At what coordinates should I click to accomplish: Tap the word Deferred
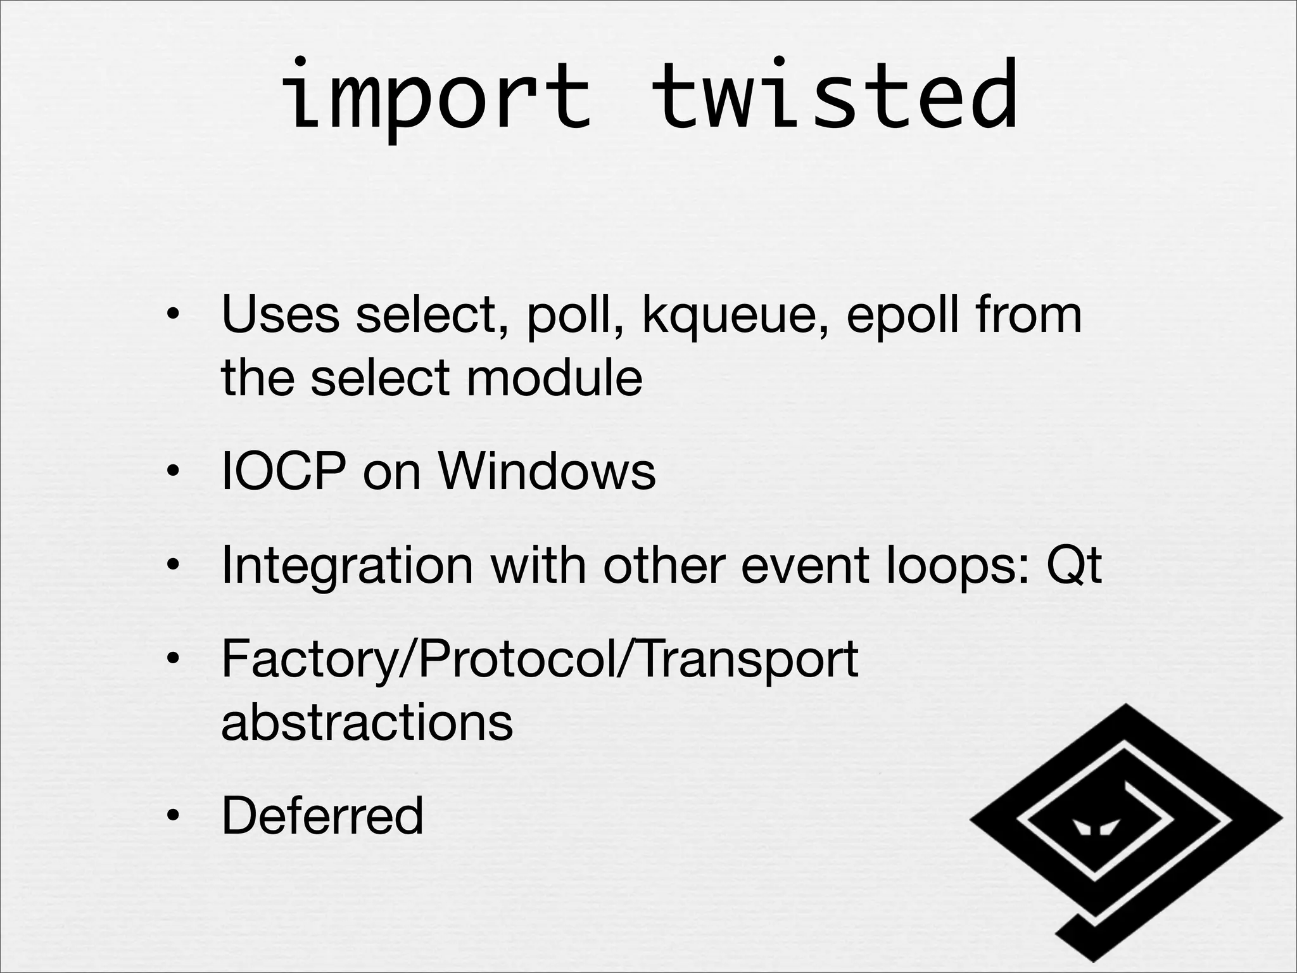(x=322, y=815)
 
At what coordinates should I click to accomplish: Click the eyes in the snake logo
(x=1096, y=827)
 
